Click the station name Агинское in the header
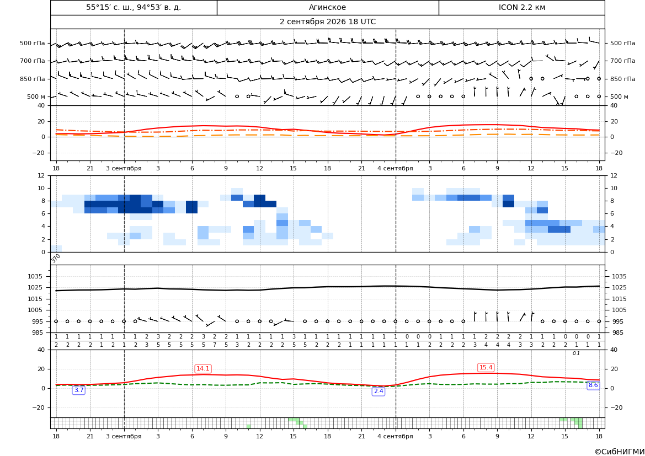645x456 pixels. (x=327, y=7)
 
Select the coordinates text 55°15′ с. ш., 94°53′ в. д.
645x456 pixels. (x=134, y=7)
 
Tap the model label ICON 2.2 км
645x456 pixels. (x=521, y=7)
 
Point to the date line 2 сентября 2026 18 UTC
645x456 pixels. (x=327, y=22)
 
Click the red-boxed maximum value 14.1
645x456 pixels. (x=203, y=368)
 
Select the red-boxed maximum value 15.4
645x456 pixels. (x=486, y=367)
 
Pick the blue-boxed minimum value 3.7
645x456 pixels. (x=78, y=390)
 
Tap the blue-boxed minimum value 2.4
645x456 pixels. (x=378, y=391)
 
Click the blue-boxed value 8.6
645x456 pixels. (x=593, y=385)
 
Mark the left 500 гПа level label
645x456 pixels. (x=33, y=43)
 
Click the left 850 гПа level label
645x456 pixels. (x=33, y=79)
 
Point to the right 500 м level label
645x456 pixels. (x=619, y=96)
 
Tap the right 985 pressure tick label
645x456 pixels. (x=617, y=332)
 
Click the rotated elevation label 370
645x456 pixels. (x=56, y=258)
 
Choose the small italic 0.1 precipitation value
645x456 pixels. (x=576, y=353)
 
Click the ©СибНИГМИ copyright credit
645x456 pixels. (x=620, y=452)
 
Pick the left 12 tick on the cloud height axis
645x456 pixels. (x=41, y=175)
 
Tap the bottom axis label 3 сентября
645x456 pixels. (x=124, y=436)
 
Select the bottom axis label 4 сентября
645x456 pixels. (x=395, y=436)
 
